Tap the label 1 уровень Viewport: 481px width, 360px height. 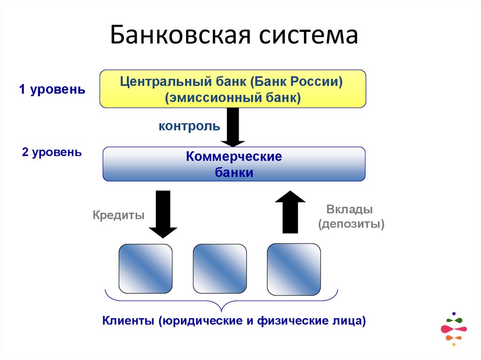[x=52, y=90]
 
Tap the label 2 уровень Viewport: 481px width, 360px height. [x=52, y=153]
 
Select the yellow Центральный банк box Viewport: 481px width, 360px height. [x=233, y=89]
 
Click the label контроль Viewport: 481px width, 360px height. [x=189, y=126]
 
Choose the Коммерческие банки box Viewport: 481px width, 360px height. [x=233, y=164]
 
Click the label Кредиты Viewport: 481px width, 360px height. [x=118, y=215]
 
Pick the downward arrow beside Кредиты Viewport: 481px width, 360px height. [x=163, y=214]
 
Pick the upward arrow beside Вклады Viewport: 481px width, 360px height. [x=290, y=212]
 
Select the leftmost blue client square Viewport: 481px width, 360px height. [x=146, y=268]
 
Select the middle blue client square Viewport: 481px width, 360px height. [x=220, y=268]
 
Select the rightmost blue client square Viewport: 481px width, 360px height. [x=294, y=268]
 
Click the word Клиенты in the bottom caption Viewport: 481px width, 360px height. [x=128, y=322]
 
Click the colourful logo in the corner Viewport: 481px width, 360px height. [x=453, y=329]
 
